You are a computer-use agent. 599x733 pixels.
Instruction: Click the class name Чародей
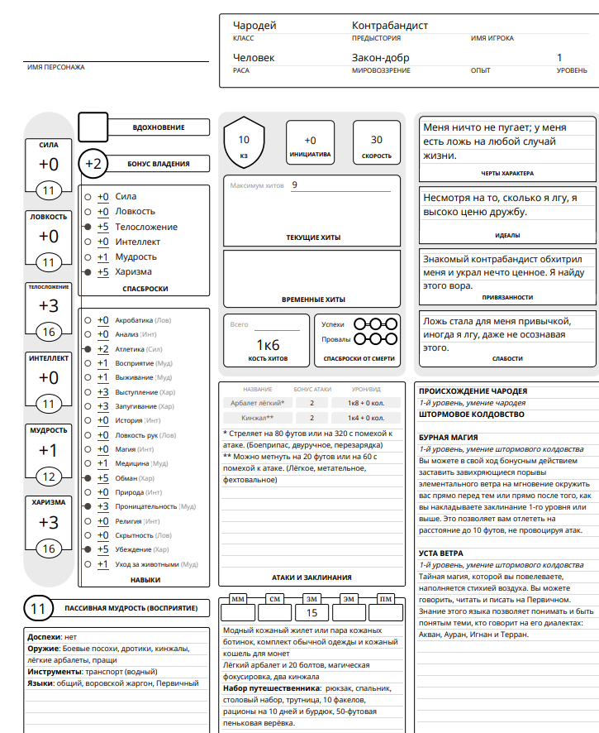[x=254, y=26]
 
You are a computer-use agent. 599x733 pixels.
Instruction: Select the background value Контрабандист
[x=390, y=26]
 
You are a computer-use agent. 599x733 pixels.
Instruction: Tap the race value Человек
[x=254, y=58]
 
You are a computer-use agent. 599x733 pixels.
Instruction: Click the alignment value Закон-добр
[x=381, y=58]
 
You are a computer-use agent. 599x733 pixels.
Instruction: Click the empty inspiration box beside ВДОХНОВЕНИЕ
[x=93, y=127]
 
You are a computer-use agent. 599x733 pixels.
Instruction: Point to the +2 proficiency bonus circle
[x=93, y=164]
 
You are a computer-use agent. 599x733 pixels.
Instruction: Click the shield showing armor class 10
[x=244, y=144]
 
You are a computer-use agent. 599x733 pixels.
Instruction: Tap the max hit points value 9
[x=295, y=185]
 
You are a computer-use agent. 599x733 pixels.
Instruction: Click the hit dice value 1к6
[x=267, y=344]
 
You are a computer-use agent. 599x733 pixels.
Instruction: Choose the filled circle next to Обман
[x=88, y=478]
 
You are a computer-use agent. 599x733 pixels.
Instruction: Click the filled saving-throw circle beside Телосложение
[x=88, y=227]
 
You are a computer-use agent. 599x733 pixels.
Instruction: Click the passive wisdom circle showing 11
[x=38, y=609]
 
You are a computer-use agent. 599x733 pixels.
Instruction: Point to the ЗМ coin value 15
[x=312, y=613]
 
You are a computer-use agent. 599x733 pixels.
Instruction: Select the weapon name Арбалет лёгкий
[x=259, y=403]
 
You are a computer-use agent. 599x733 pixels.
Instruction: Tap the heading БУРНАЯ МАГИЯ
[x=449, y=437]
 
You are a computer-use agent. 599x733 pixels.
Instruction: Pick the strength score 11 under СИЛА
[x=49, y=191]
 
